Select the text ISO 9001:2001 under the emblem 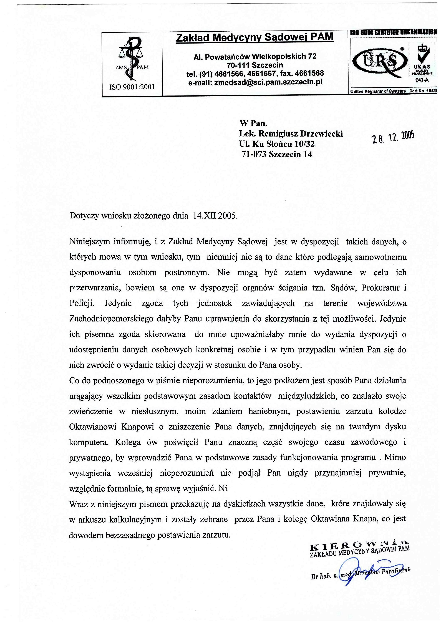[x=132, y=87]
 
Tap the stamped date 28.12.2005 [x=393, y=137]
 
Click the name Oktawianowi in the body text [x=93, y=427]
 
